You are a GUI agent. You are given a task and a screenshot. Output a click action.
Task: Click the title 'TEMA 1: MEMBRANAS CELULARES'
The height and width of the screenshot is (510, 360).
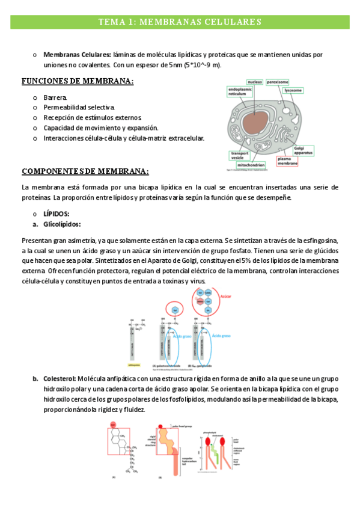(180, 22)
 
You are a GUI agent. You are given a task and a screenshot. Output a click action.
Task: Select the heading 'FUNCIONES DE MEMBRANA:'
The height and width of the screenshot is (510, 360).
(78, 81)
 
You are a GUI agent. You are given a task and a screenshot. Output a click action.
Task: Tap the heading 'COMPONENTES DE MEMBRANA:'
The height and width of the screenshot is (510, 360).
(85, 171)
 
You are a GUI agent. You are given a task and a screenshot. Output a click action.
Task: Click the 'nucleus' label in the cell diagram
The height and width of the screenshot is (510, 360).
(254, 81)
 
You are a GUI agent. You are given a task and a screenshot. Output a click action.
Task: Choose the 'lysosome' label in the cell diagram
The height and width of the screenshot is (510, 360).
(293, 91)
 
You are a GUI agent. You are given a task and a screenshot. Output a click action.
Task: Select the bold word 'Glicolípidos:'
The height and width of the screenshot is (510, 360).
(64, 224)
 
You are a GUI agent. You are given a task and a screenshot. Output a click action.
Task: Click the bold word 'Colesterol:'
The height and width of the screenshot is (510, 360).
(59, 379)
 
